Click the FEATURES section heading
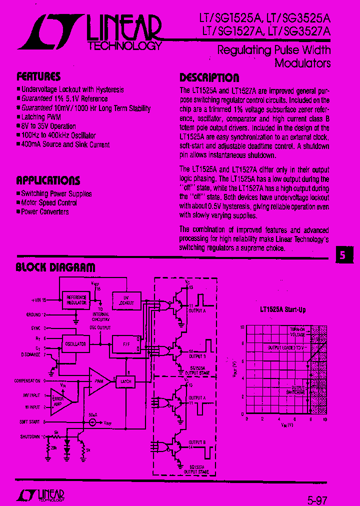[38, 76]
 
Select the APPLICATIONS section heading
[48, 180]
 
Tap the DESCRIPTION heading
[209, 77]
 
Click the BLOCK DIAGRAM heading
[55, 267]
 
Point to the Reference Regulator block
[76, 300]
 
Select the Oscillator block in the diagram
[75, 344]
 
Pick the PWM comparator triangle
[97, 380]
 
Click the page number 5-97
[318, 498]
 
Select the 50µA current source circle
[92, 422]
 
